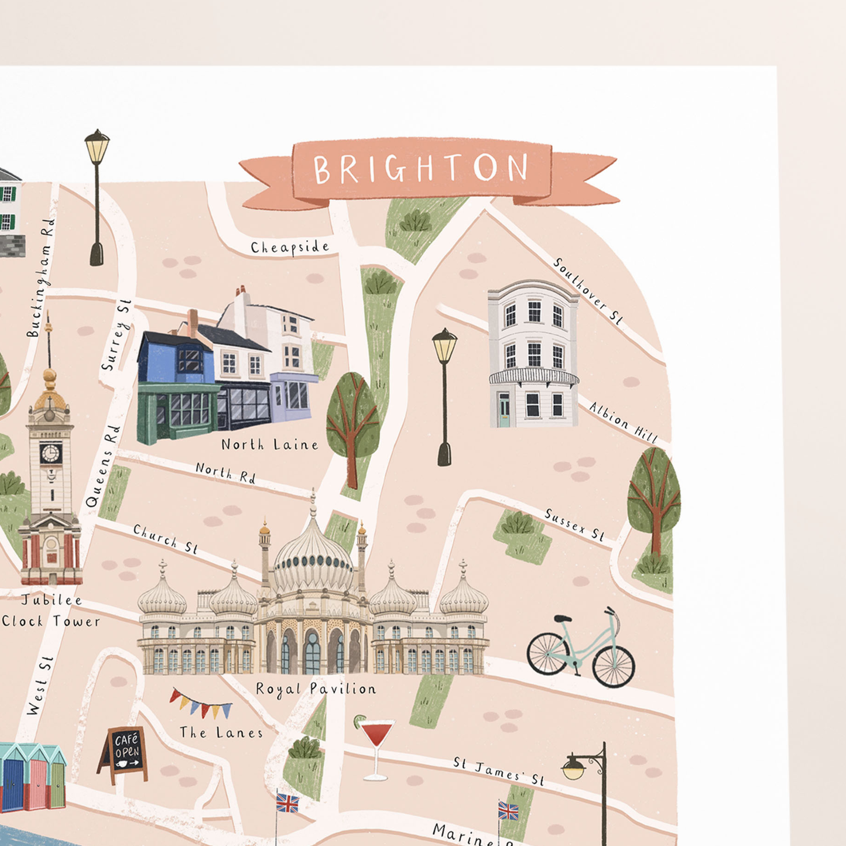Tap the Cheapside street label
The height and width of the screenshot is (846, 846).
pyautogui.click(x=290, y=248)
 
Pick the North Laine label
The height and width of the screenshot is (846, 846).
pyautogui.click(x=270, y=445)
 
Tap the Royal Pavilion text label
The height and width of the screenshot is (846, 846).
pyautogui.click(x=316, y=689)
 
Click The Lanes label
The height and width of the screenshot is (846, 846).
pyautogui.click(x=221, y=732)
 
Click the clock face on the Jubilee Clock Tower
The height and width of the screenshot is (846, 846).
pyautogui.click(x=50, y=453)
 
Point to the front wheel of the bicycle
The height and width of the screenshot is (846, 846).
pyautogui.click(x=614, y=666)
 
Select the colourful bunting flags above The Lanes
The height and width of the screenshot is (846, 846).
pyautogui.click(x=200, y=704)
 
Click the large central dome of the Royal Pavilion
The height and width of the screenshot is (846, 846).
pyautogui.click(x=314, y=556)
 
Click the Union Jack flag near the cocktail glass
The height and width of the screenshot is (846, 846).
pyautogui.click(x=287, y=803)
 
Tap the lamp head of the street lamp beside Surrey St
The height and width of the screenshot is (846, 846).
pyautogui.click(x=97, y=146)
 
